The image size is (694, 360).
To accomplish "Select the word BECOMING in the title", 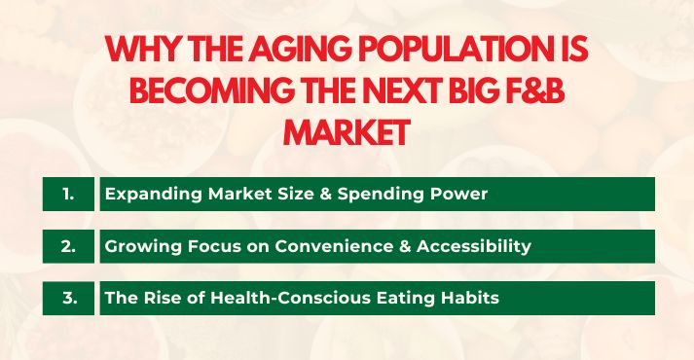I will tap(211, 93).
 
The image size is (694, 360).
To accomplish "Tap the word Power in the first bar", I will tap(461, 194).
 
